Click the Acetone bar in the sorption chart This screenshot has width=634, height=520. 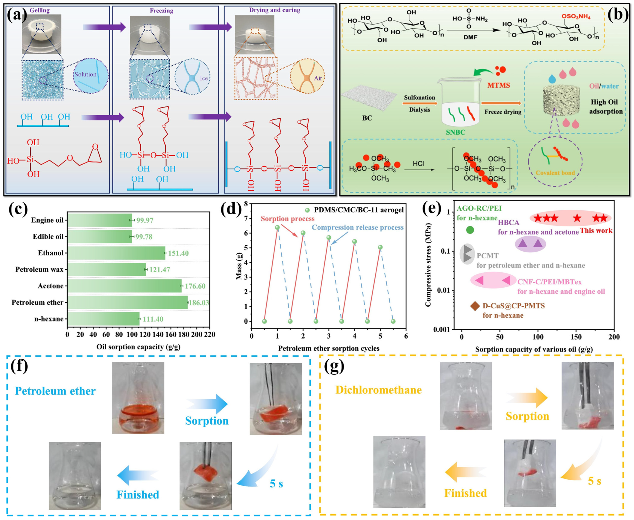point(124,286)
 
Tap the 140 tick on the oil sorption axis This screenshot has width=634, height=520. point(158,335)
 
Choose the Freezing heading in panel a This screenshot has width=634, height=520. point(161,11)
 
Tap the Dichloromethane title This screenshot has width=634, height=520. point(378,390)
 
